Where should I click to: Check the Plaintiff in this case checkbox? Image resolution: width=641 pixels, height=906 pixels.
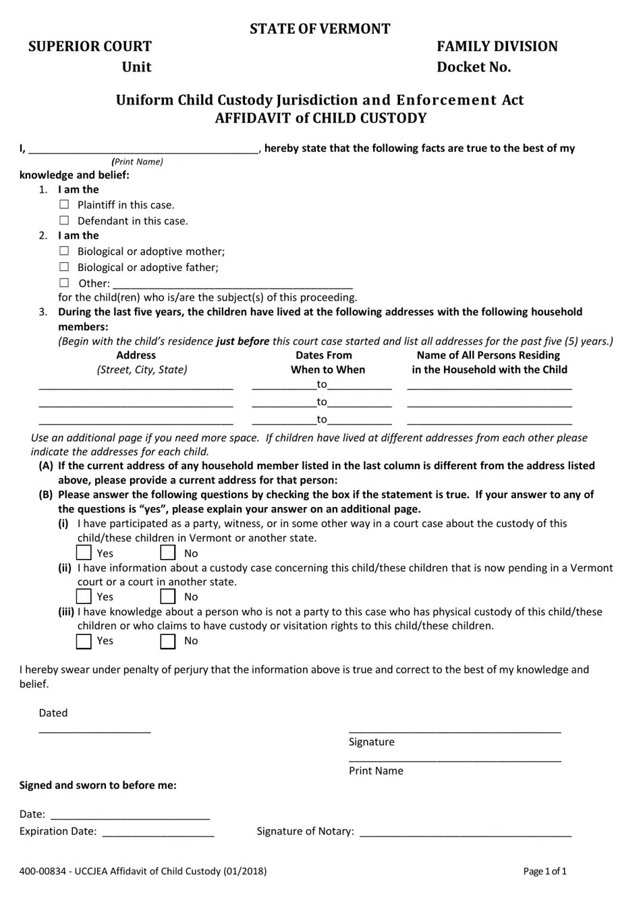64,204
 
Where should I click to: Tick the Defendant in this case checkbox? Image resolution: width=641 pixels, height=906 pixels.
64,220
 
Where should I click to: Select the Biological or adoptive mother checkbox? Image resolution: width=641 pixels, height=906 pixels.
64,251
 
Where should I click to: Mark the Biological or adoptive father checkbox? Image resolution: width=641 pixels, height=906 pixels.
64,267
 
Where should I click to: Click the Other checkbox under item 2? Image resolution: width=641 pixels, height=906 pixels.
64,283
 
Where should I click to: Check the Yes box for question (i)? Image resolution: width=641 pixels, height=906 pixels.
84,553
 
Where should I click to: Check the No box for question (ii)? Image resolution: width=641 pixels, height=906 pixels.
168,597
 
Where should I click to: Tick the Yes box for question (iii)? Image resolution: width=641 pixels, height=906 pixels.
84,641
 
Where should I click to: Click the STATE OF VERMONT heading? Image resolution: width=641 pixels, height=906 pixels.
320,28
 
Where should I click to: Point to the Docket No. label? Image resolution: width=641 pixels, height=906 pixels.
474,67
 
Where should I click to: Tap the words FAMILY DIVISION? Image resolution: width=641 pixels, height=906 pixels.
497,47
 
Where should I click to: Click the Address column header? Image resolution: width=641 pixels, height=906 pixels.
136,355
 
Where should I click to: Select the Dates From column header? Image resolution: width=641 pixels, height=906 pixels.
324,355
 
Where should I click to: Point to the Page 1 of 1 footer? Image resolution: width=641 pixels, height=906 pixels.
545,871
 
